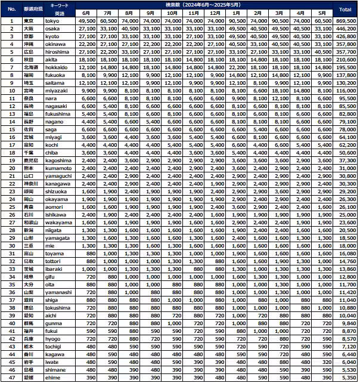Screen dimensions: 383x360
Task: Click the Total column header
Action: (x=345, y=10)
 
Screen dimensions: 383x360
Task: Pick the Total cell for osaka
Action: (x=345, y=28)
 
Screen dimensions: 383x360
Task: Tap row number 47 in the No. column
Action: (x=11, y=378)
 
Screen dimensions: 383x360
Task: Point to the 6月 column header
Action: (x=86, y=13)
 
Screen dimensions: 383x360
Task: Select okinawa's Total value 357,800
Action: (x=345, y=44)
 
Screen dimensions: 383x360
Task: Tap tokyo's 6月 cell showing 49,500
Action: (x=86, y=20)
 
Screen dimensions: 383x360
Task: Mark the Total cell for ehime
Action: (x=345, y=378)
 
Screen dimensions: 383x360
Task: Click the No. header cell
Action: (x=11, y=10)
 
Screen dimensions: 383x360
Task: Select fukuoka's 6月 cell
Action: (x=86, y=75)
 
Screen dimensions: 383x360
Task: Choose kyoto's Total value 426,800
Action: (x=345, y=36)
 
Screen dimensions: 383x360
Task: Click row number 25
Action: (x=11, y=206)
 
